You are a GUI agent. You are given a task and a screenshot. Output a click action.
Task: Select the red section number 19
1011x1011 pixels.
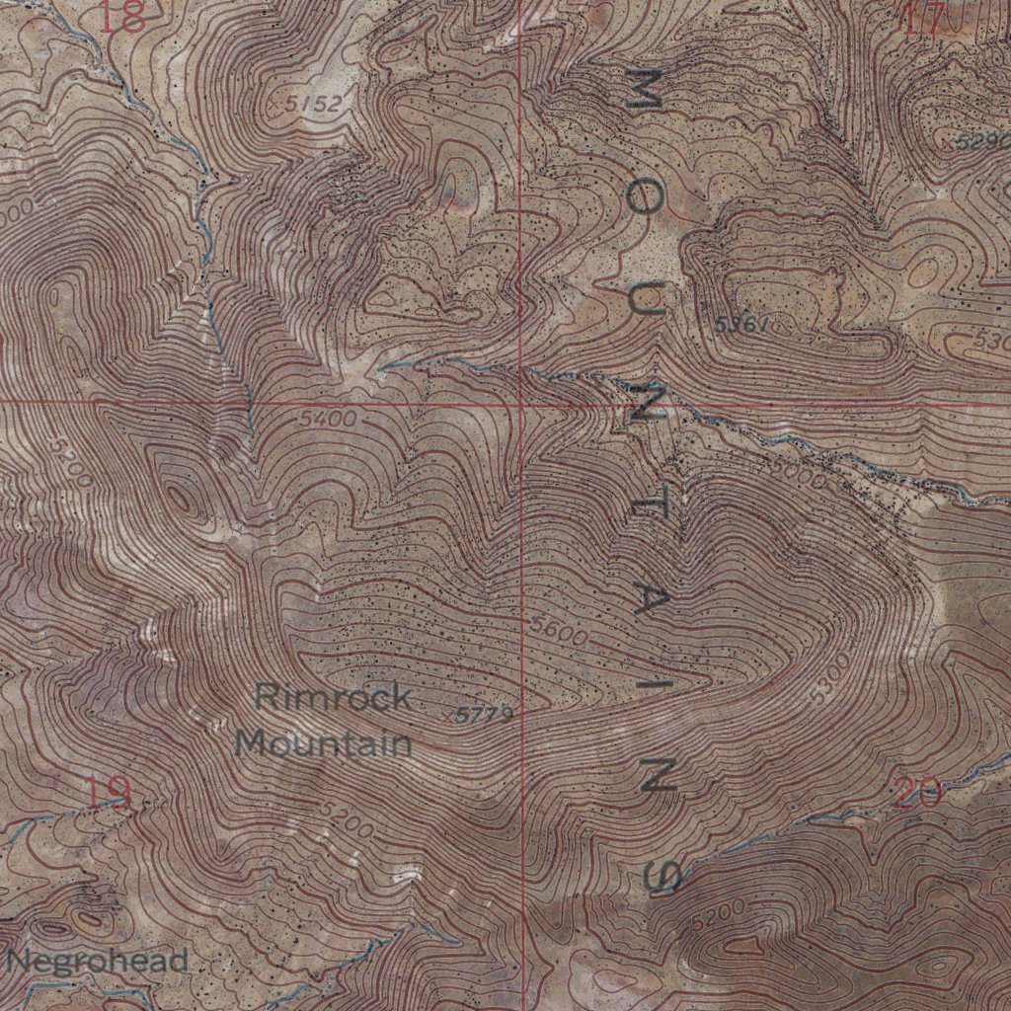pyautogui.click(x=107, y=793)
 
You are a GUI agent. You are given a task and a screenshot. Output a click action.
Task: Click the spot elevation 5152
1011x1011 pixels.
pyautogui.click(x=305, y=104)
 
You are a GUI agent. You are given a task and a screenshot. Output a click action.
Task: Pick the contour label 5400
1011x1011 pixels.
pyautogui.click(x=328, y=419)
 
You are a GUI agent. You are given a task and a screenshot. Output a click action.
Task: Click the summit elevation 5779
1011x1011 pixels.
pyautogui.click(x=485, y=714)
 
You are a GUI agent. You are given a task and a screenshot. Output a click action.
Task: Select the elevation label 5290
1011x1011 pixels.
pyautogui.click(x=983, y=141)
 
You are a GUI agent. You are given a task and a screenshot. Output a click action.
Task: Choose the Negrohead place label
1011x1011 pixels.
pyautogui.click(x=97, y=960)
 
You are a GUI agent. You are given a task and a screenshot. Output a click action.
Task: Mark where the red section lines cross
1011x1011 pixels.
pyautogui.click(x=520, y=403)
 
